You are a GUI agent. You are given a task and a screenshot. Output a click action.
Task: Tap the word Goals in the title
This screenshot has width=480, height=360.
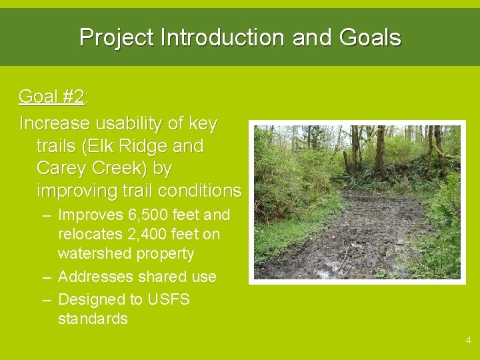tap(370, 37)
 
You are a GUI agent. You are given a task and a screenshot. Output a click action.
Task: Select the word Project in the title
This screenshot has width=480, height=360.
tap(117, 37)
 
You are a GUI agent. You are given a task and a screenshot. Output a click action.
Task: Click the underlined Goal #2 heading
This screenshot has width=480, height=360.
tap(51, 97)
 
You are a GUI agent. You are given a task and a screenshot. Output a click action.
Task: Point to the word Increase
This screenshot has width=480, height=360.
tap(54, 124)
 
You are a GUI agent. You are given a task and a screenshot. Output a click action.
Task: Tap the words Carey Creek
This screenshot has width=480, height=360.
tap(93, 168)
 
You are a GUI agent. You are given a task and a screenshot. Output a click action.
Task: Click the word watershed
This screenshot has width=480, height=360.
tap(97, 254)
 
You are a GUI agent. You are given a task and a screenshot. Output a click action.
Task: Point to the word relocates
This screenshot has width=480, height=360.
tap(87, 235)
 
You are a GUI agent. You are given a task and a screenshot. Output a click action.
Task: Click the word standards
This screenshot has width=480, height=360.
tap(93, 319)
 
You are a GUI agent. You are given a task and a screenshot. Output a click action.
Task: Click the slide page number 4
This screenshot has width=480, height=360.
tap(468, 341)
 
